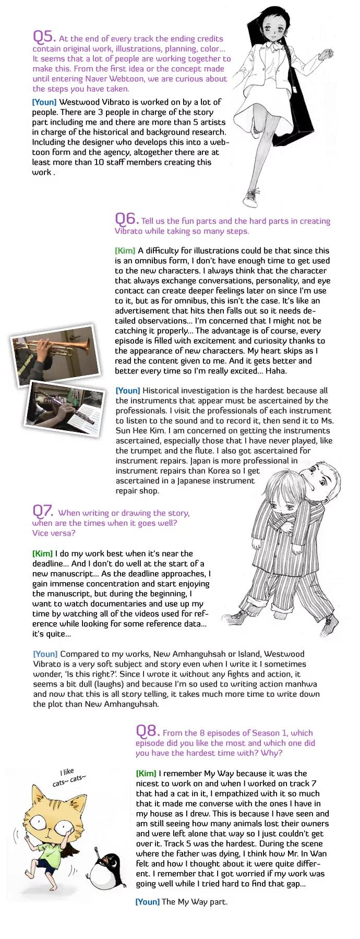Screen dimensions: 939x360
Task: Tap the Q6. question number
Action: click(126, 218)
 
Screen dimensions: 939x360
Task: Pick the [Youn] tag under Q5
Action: click(44, 102)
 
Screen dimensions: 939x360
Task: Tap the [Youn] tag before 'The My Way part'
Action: click(147, 901)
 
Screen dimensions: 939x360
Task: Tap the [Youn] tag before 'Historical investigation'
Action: click(127, 390)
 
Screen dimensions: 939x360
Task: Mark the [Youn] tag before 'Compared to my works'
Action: click(45, 654)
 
